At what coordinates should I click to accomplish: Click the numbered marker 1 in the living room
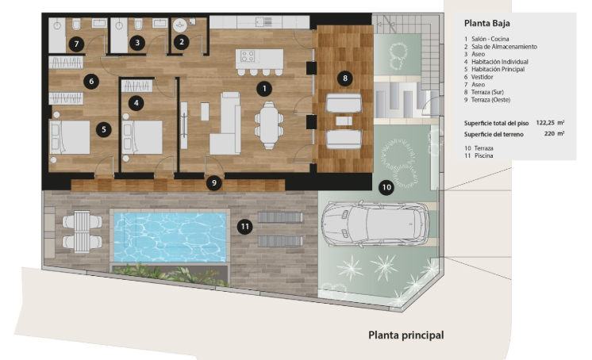(x=264, y=89)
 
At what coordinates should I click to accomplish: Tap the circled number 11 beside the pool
(x=245, y=227)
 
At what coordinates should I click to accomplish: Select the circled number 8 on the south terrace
(x=344, y=79)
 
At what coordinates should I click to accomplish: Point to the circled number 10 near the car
(x=386, y=187)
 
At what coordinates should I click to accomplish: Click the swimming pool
(x=170, y=237)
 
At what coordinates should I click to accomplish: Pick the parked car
(x=375, y=224)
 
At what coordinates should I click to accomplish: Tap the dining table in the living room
(x=269, y=124)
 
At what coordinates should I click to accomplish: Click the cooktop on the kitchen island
(x=248, y=56)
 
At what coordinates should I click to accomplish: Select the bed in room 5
(x=70, y=137)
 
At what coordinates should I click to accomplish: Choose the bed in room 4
(x=142, y=137)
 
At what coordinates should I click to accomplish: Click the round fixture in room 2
(x=179, y=25)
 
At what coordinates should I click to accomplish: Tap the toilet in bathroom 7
(x=77, y=25)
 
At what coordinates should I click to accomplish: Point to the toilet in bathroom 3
(x=139, y=25)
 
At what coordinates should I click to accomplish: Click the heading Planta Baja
(x=487, y=24)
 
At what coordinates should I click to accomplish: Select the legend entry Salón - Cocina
(x=490, y=39)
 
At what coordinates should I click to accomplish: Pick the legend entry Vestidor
(x=482, y=77)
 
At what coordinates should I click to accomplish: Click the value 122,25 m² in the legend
(x=550, y=123)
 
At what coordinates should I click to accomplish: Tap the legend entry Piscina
(x=483, y=156)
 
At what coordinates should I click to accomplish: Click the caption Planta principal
(x=406, y=335)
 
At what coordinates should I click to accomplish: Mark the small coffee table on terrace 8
(x=344, y=121)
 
